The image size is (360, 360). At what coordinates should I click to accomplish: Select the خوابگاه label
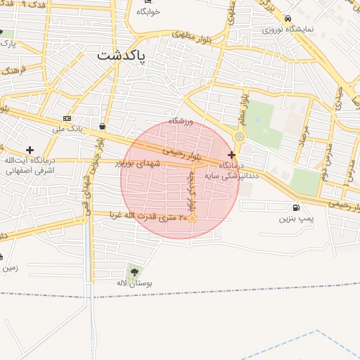[x=148, y=12]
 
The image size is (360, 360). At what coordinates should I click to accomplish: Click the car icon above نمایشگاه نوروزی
[x=288, y=18]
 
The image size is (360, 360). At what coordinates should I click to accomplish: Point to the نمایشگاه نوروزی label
[x=288, y=30]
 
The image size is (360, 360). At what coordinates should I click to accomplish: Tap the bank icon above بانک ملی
[x=67, y=118]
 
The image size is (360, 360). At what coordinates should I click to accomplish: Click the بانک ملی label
[x=67, y=129]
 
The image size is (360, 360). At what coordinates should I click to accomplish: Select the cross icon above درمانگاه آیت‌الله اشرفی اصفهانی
[x=30, y=150]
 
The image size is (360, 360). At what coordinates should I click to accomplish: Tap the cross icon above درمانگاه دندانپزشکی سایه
[x=231, y=154]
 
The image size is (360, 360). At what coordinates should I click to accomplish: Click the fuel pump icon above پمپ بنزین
[x=295, y=207]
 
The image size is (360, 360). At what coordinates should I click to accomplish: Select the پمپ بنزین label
[x=295, y=219]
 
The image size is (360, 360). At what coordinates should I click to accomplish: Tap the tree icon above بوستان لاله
[x=134, y=271]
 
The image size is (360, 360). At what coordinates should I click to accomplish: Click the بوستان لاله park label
[x=134, y=283]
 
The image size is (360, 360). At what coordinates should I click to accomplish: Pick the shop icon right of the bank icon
[x=103, y=127]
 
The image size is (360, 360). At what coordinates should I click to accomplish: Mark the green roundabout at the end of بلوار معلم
[x=240, y=137]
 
